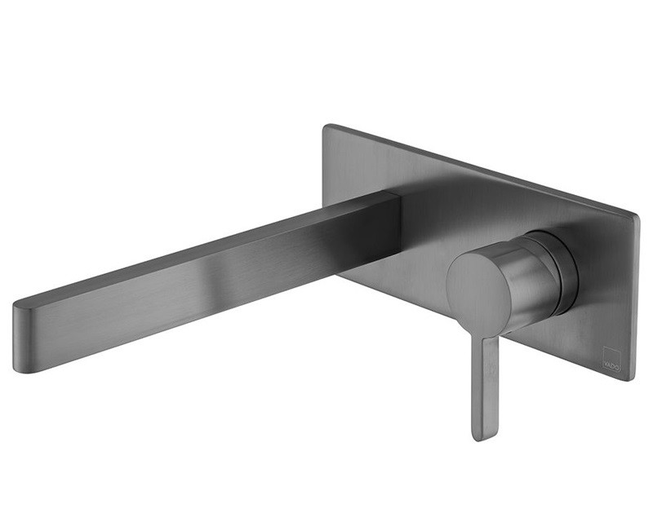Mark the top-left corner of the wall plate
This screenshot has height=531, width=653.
(x=328, y=128)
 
